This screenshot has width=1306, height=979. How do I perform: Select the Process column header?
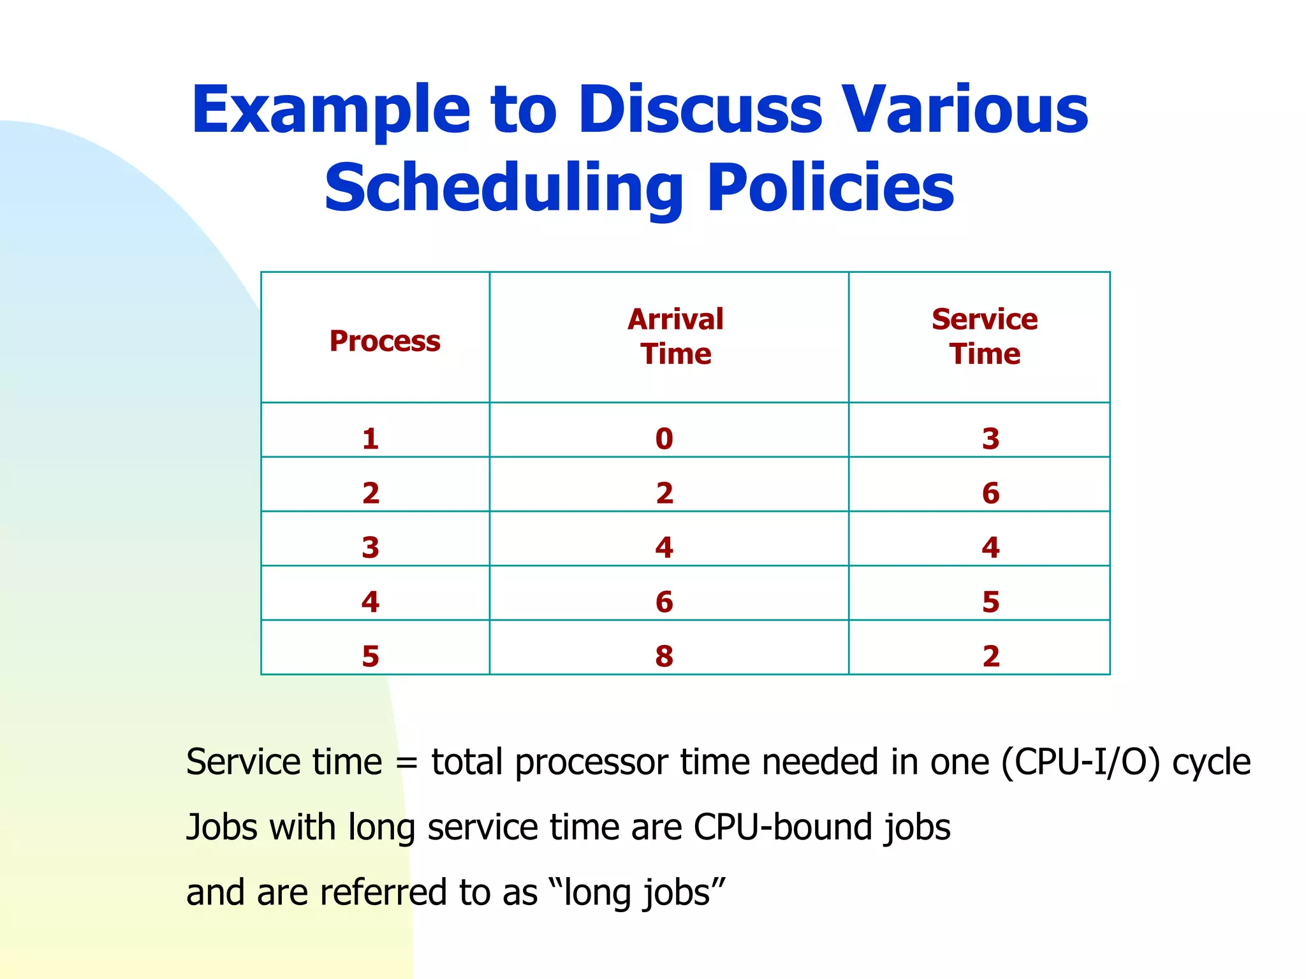pyautogui.click(x=385, y=341)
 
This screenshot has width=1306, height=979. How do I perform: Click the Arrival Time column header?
pyautogui.click(x=675, y=337)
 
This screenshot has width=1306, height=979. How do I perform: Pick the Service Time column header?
pyautogui.click(x=984, y=337)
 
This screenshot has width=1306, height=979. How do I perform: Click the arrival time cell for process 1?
pyautogui.click(x=664, y=439)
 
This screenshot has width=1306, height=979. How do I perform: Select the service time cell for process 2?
pyautogui.click(x=990, y=493)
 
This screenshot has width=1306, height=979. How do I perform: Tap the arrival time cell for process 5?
pyautogui.click(x=664, y=656)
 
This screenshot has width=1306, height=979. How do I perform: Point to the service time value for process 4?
pyautogui.click(x=990, y=602)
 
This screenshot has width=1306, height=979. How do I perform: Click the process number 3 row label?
pyautogui.click(x=371, y=548)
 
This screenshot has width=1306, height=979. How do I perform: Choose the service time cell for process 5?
pyautogui.click(x=990, y=656)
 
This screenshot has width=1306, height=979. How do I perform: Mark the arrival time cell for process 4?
pyautogui.click(x=664, y=602)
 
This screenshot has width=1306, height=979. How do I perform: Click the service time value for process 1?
pyautogui.click(x=990, y=439)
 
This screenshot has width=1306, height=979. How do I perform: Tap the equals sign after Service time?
pyautogui.click(x=406, y=763)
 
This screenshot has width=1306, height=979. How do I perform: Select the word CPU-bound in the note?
pyautogui.click(x=782, y=827)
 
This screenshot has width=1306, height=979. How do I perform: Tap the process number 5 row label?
pyautogui.click(x=371, y=656)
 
